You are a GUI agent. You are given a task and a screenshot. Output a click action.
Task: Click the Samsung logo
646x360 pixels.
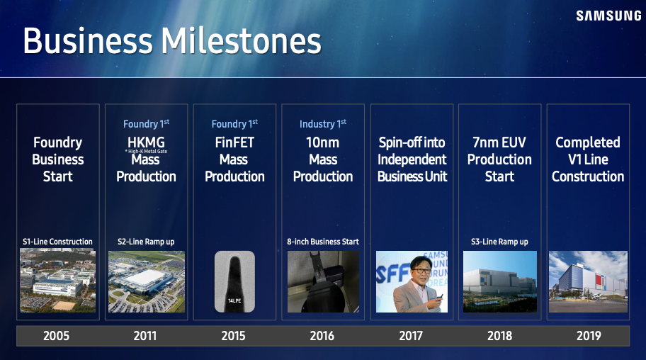click(608, 16)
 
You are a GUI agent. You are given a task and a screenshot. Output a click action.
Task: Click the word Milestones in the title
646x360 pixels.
click(241, 41)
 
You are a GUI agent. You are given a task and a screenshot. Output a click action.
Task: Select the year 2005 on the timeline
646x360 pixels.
click(57, 336)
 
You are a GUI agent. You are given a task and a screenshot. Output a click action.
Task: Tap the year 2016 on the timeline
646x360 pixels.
click(322, 336)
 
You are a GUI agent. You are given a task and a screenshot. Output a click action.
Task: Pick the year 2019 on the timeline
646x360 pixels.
click(589, 336)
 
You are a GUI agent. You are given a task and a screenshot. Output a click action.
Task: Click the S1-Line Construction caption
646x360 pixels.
click(57, 242)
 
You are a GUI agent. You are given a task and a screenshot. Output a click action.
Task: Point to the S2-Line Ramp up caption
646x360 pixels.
click(146, 242)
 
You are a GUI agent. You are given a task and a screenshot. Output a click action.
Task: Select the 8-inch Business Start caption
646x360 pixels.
click(323, 242)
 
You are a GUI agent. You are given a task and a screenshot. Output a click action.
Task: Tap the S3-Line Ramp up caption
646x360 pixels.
click(499, 242)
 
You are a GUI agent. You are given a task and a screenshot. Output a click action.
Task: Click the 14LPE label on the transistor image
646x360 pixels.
click(234, 300)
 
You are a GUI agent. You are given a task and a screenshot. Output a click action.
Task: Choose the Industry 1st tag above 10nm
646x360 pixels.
click(322, 124)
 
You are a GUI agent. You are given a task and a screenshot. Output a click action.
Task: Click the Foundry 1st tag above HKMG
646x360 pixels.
click(146, 124)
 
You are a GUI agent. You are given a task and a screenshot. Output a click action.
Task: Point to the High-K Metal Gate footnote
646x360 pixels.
click(146, 152)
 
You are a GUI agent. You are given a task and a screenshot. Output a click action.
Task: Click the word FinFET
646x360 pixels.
click(234, 142)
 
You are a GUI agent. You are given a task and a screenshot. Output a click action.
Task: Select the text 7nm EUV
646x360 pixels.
click(499, 142)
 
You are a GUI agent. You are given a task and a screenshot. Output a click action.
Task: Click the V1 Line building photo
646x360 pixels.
click(588, 281)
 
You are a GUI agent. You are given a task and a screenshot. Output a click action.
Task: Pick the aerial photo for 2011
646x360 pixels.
click(146, 281)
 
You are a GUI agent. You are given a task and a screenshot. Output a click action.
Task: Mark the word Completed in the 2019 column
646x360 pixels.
click(587, 142)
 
